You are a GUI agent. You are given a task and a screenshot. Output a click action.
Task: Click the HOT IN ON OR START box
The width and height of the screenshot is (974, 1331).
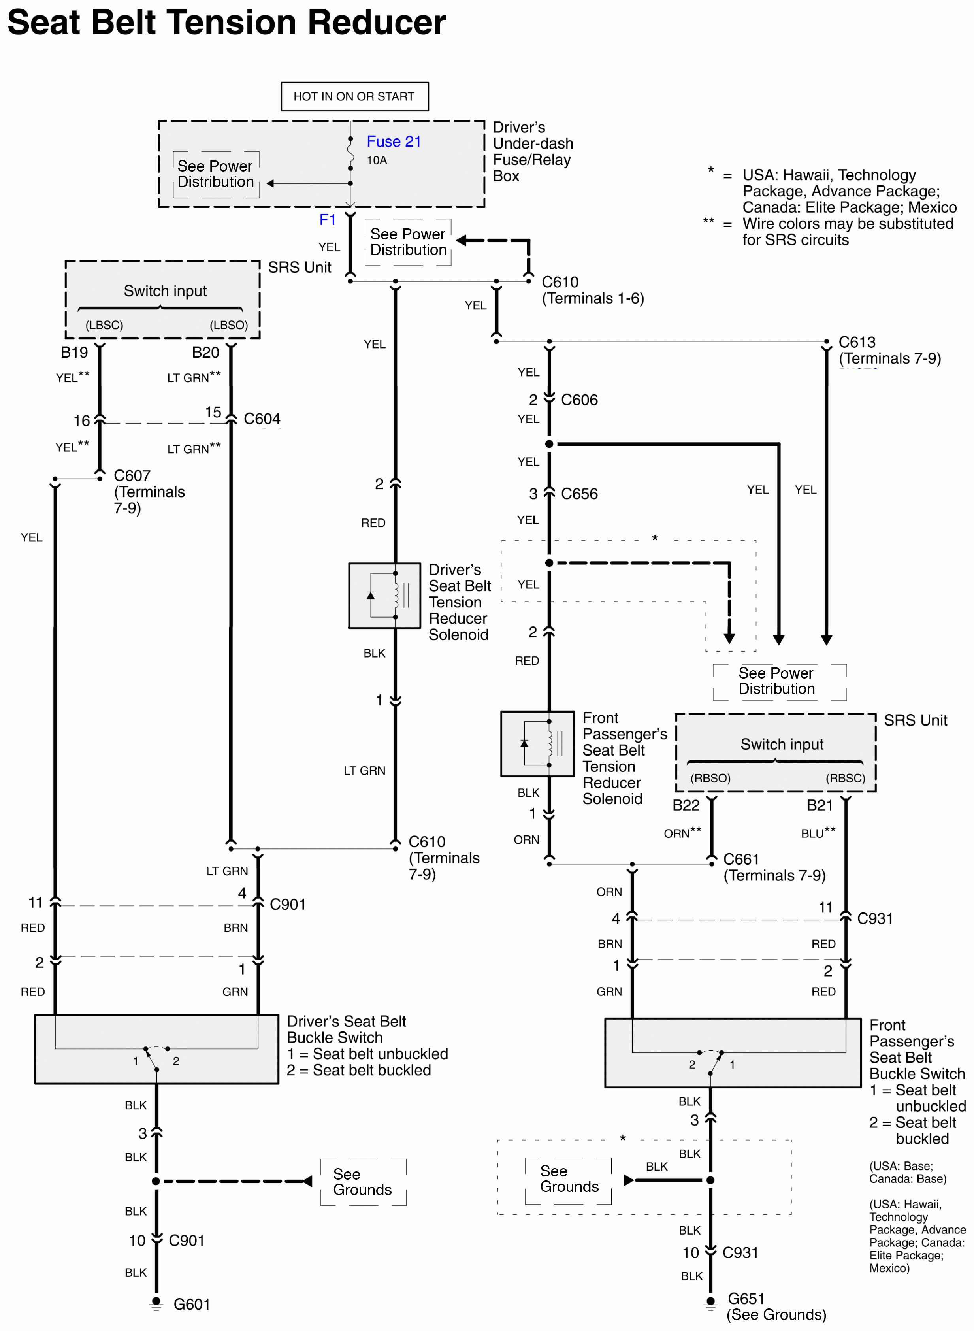click(x=354, y=96)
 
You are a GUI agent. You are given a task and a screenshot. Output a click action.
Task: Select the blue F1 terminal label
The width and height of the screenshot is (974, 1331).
click(x=327, y=220)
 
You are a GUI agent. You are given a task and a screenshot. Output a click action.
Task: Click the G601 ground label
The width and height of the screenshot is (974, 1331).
click(x=192, y=1304)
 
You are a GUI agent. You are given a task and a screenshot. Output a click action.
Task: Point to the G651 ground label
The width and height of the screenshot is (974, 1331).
click(x=746, y=1298)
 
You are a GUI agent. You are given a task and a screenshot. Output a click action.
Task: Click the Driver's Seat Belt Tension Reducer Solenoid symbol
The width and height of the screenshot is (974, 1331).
click(x=384, y=596)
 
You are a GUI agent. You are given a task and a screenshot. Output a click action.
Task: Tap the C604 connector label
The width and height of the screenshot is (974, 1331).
click(x=262, y=419)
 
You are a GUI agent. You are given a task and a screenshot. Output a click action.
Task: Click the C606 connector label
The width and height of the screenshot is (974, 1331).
click(x=579, y=400)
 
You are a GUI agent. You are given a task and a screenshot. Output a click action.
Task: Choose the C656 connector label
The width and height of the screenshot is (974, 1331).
click(x=579, y=494)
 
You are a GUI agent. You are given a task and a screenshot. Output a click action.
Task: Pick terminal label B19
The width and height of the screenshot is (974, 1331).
click(x=74, y=352)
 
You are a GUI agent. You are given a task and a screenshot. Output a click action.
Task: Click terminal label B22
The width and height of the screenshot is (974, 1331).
click(x=686, y=805)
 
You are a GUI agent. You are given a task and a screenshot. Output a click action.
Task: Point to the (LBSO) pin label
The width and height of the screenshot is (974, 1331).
click(x=229, y=325)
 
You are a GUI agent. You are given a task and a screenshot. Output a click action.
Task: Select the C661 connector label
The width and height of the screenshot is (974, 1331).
click(x=741, y=859)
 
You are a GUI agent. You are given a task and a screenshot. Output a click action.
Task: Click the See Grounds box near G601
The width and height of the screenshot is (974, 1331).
click(x=363, y=1182)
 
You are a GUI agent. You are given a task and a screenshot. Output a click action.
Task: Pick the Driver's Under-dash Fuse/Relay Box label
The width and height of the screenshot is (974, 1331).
click(x=532, y=152)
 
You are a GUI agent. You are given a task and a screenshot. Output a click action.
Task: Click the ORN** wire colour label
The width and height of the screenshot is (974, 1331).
click(x=682, y=833)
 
